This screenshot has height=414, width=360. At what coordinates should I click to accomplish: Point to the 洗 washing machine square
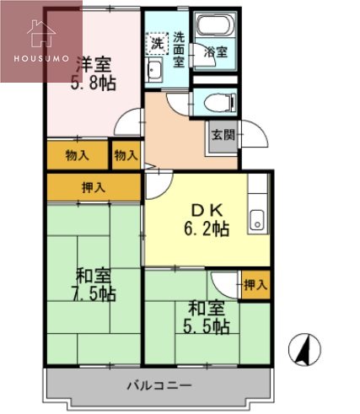coord(156,41)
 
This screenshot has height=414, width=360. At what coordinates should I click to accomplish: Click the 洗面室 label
coord(180,48)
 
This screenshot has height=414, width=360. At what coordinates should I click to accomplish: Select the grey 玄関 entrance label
coord(223,136)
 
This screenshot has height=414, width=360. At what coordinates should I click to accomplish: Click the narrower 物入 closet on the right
coord(126,155)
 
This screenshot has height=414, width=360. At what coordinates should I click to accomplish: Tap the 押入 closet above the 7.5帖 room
coord(94,187)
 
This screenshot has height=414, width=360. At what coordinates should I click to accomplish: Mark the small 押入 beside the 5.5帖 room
coord(255,285)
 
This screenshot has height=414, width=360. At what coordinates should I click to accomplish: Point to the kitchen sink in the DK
coord(256,222)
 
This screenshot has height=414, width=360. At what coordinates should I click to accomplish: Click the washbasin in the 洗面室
coord(155,69)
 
